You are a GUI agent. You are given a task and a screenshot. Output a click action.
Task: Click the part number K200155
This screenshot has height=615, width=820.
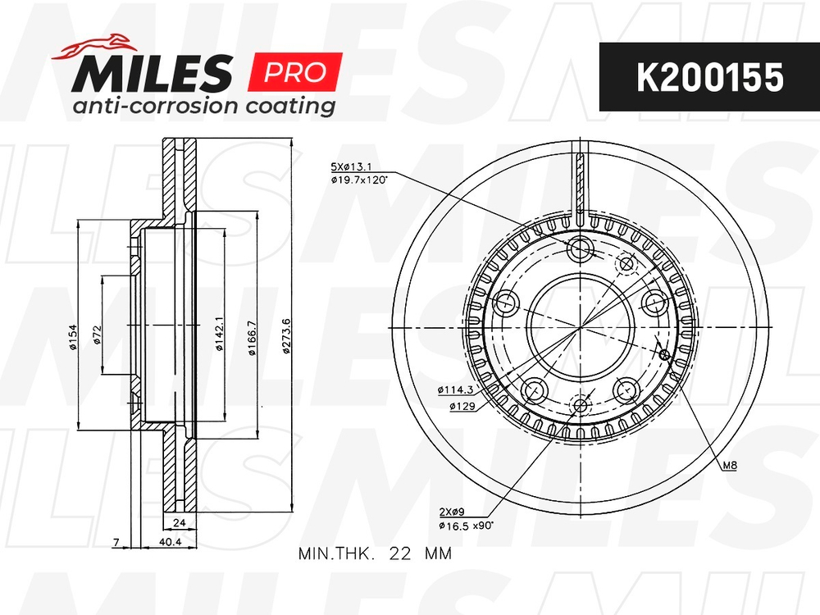pos(710,77)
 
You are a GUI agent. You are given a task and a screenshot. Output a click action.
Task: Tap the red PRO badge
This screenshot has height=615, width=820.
pos(294,73)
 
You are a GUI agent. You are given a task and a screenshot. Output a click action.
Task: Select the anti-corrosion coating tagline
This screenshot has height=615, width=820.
pos(204,107)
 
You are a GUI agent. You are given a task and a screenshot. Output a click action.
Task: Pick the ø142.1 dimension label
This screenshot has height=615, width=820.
pos(219,336)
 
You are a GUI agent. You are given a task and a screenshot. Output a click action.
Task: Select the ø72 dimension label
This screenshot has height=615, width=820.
pos(96,336)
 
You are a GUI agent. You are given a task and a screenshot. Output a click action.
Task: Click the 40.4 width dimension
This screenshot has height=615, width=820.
pos(168,542)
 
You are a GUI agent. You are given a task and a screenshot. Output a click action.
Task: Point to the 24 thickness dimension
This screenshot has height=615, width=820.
pos(179,522)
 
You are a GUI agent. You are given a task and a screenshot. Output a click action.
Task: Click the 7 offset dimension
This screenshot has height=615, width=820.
pos(118,542)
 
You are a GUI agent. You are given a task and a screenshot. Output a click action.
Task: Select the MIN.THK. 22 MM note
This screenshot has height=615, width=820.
pos(375,553)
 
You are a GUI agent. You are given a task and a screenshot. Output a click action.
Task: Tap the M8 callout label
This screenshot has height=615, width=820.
pos(729,467)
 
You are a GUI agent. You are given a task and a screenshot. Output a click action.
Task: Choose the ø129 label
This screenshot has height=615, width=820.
pos(462,405)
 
